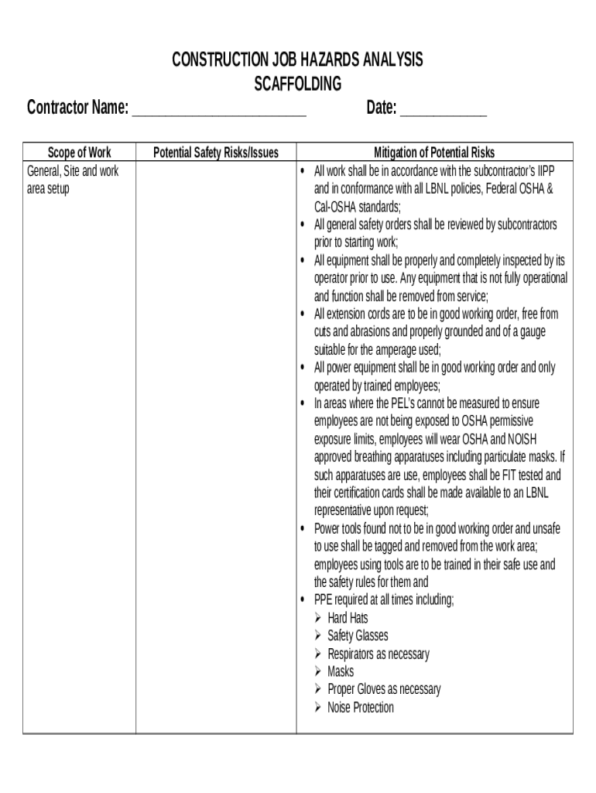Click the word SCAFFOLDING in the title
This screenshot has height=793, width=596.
pyautogui.click(x=298, y=84)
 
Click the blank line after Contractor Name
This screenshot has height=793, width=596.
pyautogui.click(x=219, y=108)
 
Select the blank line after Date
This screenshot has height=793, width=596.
pyautogui.click(x=444, y=108)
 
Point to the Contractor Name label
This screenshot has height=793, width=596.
pyautogui.click(x=77, y=108)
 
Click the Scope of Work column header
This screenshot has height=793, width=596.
pyautogui.click(x=80, y=153)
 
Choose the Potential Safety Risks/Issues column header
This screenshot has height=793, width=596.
pyautogui.click(x=216, y=153)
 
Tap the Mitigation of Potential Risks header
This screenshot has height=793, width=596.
pyautogui.click(x=434, y=153)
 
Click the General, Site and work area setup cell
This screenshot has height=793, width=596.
pyautogui.click(x=73, y=180)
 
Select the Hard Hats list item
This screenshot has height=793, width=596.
pyautogui.click(x=348, y=618)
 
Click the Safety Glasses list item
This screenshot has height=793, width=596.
pyautogui.click(x=358, y=636)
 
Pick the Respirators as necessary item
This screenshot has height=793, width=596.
pyautogui.click(x=378, y=654)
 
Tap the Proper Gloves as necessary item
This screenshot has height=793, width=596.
pyautogui.click(x=384, y=689)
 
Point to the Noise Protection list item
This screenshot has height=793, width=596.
pyautogui.click(x=360, y=707)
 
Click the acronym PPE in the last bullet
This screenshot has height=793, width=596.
pyautogui.click(x=323, y=600)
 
